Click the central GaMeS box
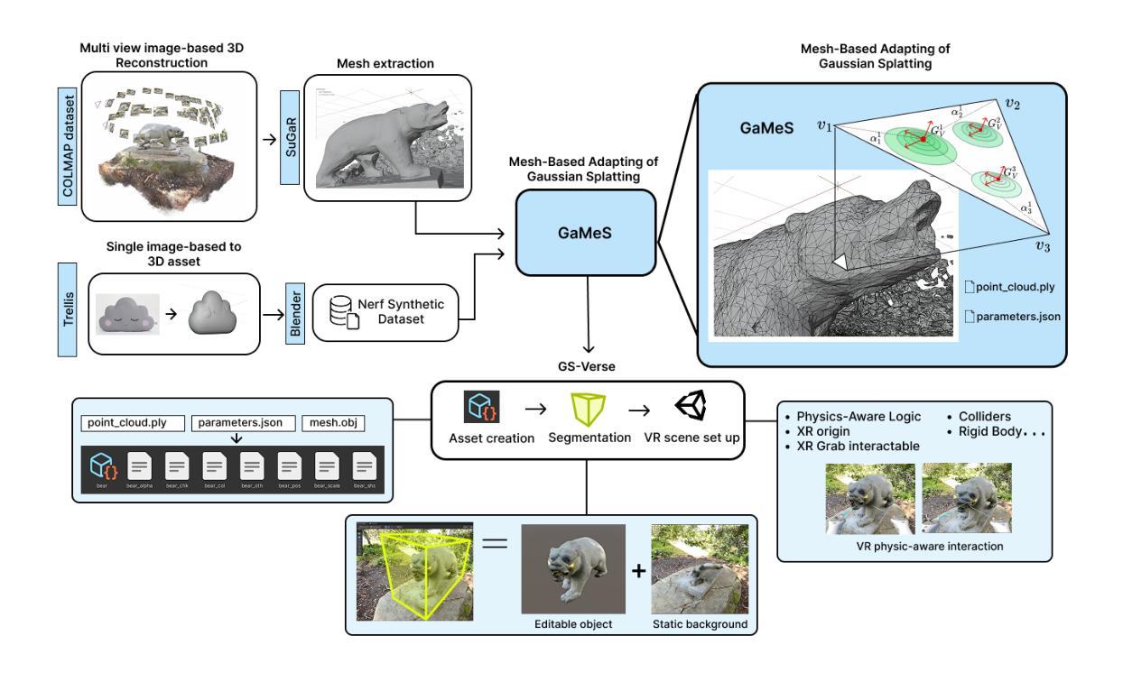587,231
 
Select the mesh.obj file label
335,422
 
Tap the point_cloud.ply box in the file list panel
133,422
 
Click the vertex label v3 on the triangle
1043,246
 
